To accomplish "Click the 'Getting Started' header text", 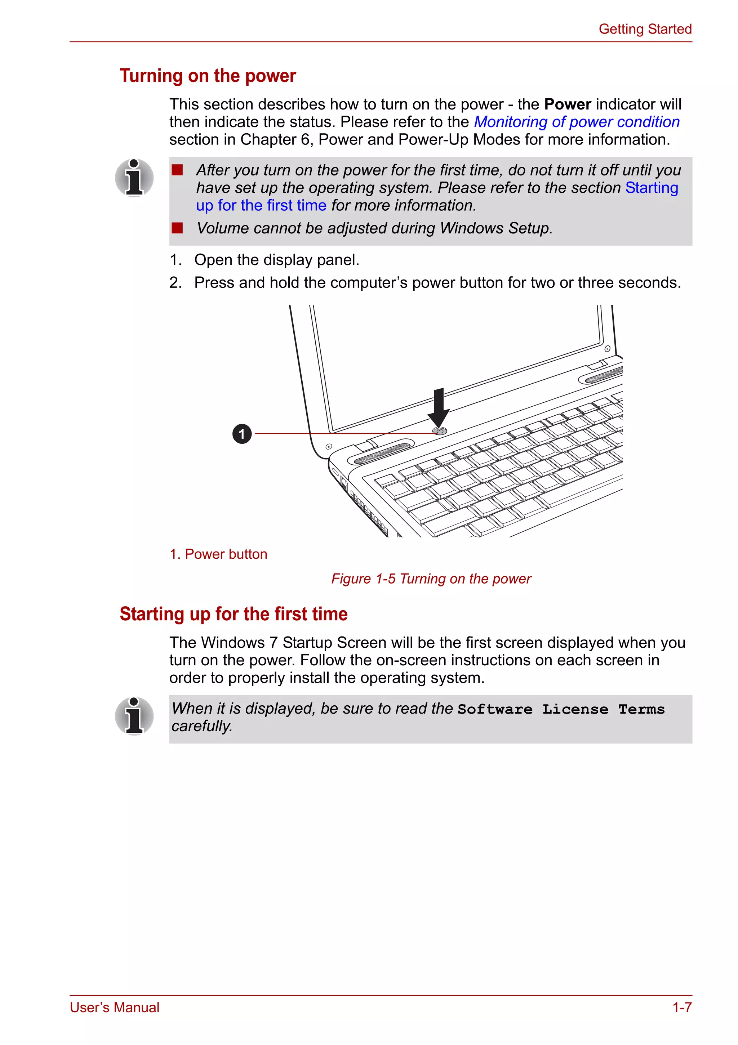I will coord(645,29).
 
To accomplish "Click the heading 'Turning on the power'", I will coord(208,76).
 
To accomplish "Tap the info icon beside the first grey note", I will coord(134,178).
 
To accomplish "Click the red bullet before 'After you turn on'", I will coord(177,170).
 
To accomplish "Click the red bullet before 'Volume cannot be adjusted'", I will coord(177,228).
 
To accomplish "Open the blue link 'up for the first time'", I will coord(261,205).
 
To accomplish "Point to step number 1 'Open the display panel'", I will coord(176,260).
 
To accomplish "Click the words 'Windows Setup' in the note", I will coord(495,228).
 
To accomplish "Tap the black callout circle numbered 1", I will coord(242,434).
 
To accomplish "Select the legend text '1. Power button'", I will coord(218,554).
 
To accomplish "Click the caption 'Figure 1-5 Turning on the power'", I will coord(431,579).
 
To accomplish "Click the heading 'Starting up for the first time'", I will coord(234,614).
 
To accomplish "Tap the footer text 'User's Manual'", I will coord(114,1007).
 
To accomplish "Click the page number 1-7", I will coord(681,1007).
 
